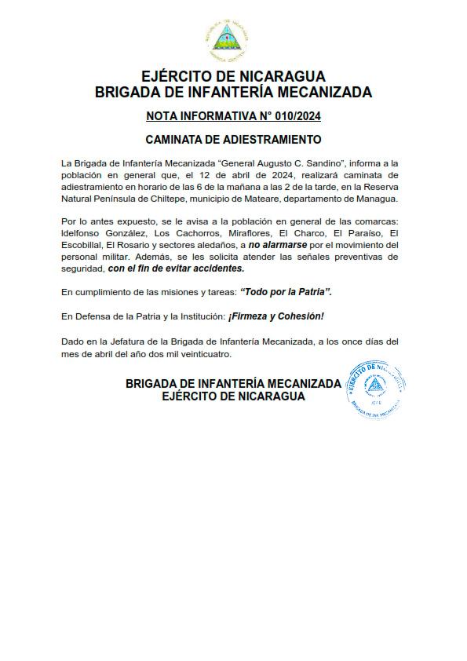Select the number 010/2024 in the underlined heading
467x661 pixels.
point(294,117)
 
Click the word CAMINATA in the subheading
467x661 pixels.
point(178,140)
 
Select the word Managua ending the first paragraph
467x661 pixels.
point(378,200)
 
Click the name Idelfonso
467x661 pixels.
point(82,233)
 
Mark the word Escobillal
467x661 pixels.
point(82,245)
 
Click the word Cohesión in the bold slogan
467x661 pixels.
point(298,316)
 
